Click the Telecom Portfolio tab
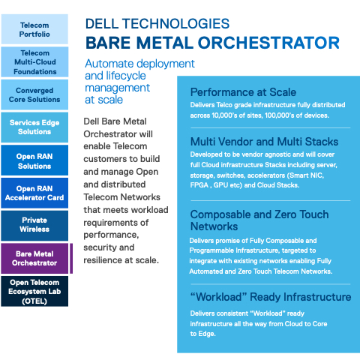click(34, 29)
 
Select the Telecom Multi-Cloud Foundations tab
click(34, 62)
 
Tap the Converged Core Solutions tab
click(34, 94)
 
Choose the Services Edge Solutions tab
click(34, 127)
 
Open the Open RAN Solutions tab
click(34, 160)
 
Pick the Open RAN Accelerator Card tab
click(34, 193)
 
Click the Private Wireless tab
click(34, 226)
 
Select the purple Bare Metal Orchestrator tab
click(34, 258)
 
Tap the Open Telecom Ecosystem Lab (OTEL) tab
click(34, 291)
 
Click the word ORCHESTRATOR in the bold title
click(268, 43)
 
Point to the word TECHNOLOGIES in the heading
click(175, 24)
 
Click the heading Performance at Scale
click(243, 92)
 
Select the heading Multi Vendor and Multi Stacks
click(264, 142)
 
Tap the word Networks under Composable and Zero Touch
click(214, 226)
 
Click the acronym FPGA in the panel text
click(199, 185)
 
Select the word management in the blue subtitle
click(118, 88)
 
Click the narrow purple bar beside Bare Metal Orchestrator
click(71, 258)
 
